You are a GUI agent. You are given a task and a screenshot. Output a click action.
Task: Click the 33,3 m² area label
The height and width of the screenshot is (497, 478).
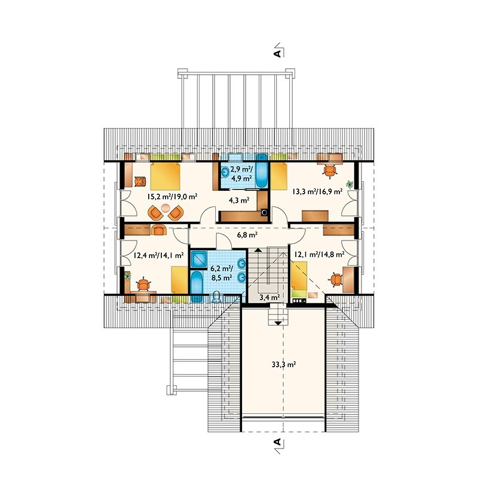pos(284,364)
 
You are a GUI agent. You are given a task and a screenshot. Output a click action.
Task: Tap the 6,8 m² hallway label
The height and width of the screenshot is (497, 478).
pos(247,235)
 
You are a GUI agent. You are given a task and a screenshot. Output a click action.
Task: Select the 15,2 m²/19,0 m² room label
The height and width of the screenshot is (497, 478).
pos(172,197)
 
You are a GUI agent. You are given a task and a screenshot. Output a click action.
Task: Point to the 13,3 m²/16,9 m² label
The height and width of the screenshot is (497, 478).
pos(317,191)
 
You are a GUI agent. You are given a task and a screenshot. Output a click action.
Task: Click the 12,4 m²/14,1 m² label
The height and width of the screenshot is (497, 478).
pos(158,255)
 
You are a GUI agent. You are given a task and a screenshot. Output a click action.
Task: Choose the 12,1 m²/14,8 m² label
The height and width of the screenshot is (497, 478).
pos(320,254)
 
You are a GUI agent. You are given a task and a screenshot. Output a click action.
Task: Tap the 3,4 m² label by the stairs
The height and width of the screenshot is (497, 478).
pos(269,297)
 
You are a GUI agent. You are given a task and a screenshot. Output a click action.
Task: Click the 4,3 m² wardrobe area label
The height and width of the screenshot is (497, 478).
pos(239,200)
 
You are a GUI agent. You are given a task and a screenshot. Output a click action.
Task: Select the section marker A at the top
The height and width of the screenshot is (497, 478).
pos(277,53)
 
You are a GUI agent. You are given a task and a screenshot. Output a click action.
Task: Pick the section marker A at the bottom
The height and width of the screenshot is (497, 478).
pos(277,442)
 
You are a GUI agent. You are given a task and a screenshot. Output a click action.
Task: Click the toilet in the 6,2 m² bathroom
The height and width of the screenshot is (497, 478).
pos(216,297)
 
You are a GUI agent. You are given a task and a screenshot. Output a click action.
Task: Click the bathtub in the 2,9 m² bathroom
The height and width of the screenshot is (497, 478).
pos(262,170)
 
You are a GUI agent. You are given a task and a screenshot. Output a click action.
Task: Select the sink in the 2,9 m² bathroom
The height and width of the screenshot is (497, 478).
pos(225,173)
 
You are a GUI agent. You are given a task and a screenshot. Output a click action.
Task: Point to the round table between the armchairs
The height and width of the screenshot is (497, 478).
pos(166,208)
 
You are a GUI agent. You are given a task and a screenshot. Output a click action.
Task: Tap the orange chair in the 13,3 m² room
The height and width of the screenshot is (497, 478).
pos(330,171)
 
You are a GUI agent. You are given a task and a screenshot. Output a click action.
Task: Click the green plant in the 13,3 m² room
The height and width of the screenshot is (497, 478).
pos(350,184)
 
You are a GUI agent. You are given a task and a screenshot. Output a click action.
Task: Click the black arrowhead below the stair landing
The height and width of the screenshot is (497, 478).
pos(278,323)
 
